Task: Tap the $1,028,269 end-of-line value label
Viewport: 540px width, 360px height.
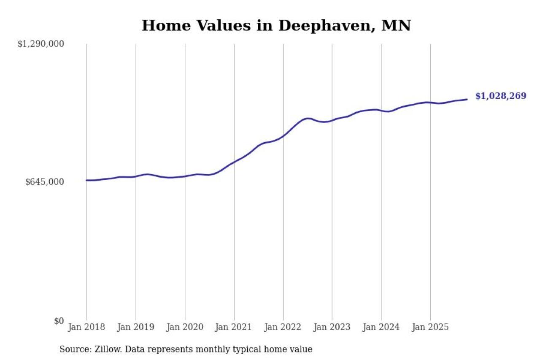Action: coord(501,96)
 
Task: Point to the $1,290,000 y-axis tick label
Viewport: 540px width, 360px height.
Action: coord(40,44)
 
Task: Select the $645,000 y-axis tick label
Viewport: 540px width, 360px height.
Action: coord(45,182)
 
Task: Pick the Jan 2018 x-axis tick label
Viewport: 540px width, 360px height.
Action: coord(86,328)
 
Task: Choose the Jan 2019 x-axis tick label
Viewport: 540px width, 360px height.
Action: coord(135,328)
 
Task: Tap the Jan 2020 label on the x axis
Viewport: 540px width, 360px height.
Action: coord(185,328)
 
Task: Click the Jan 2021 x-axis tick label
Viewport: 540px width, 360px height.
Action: coord(234,328)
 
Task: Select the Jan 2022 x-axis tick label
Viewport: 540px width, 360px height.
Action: coord(283,328)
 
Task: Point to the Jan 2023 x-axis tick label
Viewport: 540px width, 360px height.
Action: coord(332,328)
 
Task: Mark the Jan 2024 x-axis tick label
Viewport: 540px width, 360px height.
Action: coord(381,328)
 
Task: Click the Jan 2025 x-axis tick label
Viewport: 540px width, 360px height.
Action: coord(430,328)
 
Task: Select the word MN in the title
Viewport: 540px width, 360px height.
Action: coord(396,26)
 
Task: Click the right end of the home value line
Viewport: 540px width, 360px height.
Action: coord(467,100)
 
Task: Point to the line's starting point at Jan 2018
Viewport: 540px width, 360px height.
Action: coord(86,180)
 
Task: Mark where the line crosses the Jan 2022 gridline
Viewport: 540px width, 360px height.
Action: coord(283,136)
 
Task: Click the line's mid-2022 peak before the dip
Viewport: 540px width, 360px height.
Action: coord(308,118)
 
